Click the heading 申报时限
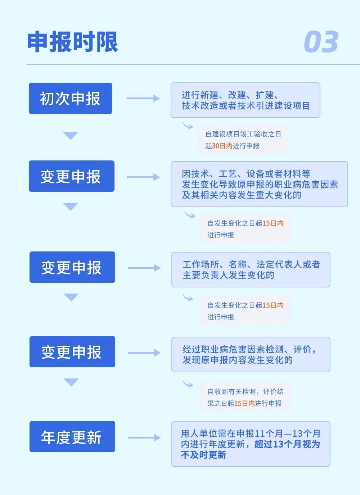(x=72, y=42)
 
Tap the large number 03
(x=321, y=42)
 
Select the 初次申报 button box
(x=71, y=98)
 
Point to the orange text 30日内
(x=222, y=146)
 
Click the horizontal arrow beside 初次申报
(x=143, y=98)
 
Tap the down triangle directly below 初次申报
(x=70, y=136)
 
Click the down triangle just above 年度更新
(x=71, y=382)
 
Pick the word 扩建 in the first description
(x=265, y=95)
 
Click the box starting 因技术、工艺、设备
(x=260, y=184)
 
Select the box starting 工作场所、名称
(x=251, y=269)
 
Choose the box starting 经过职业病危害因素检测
(x=251, y=354)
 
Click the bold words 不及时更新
(x=204, y=455)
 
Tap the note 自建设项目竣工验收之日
(x=243, y=134)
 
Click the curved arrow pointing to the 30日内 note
(x=188, y=125)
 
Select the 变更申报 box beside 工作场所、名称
(x=72, y=267)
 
